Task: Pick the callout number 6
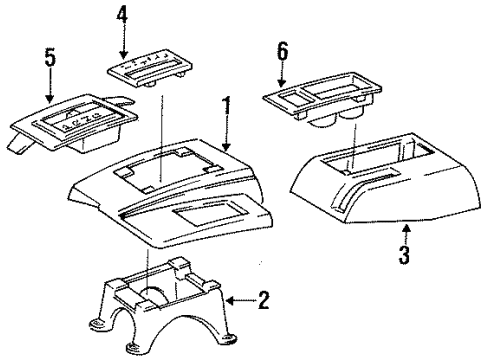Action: point(283,53)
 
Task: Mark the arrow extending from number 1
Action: point(224,135)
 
